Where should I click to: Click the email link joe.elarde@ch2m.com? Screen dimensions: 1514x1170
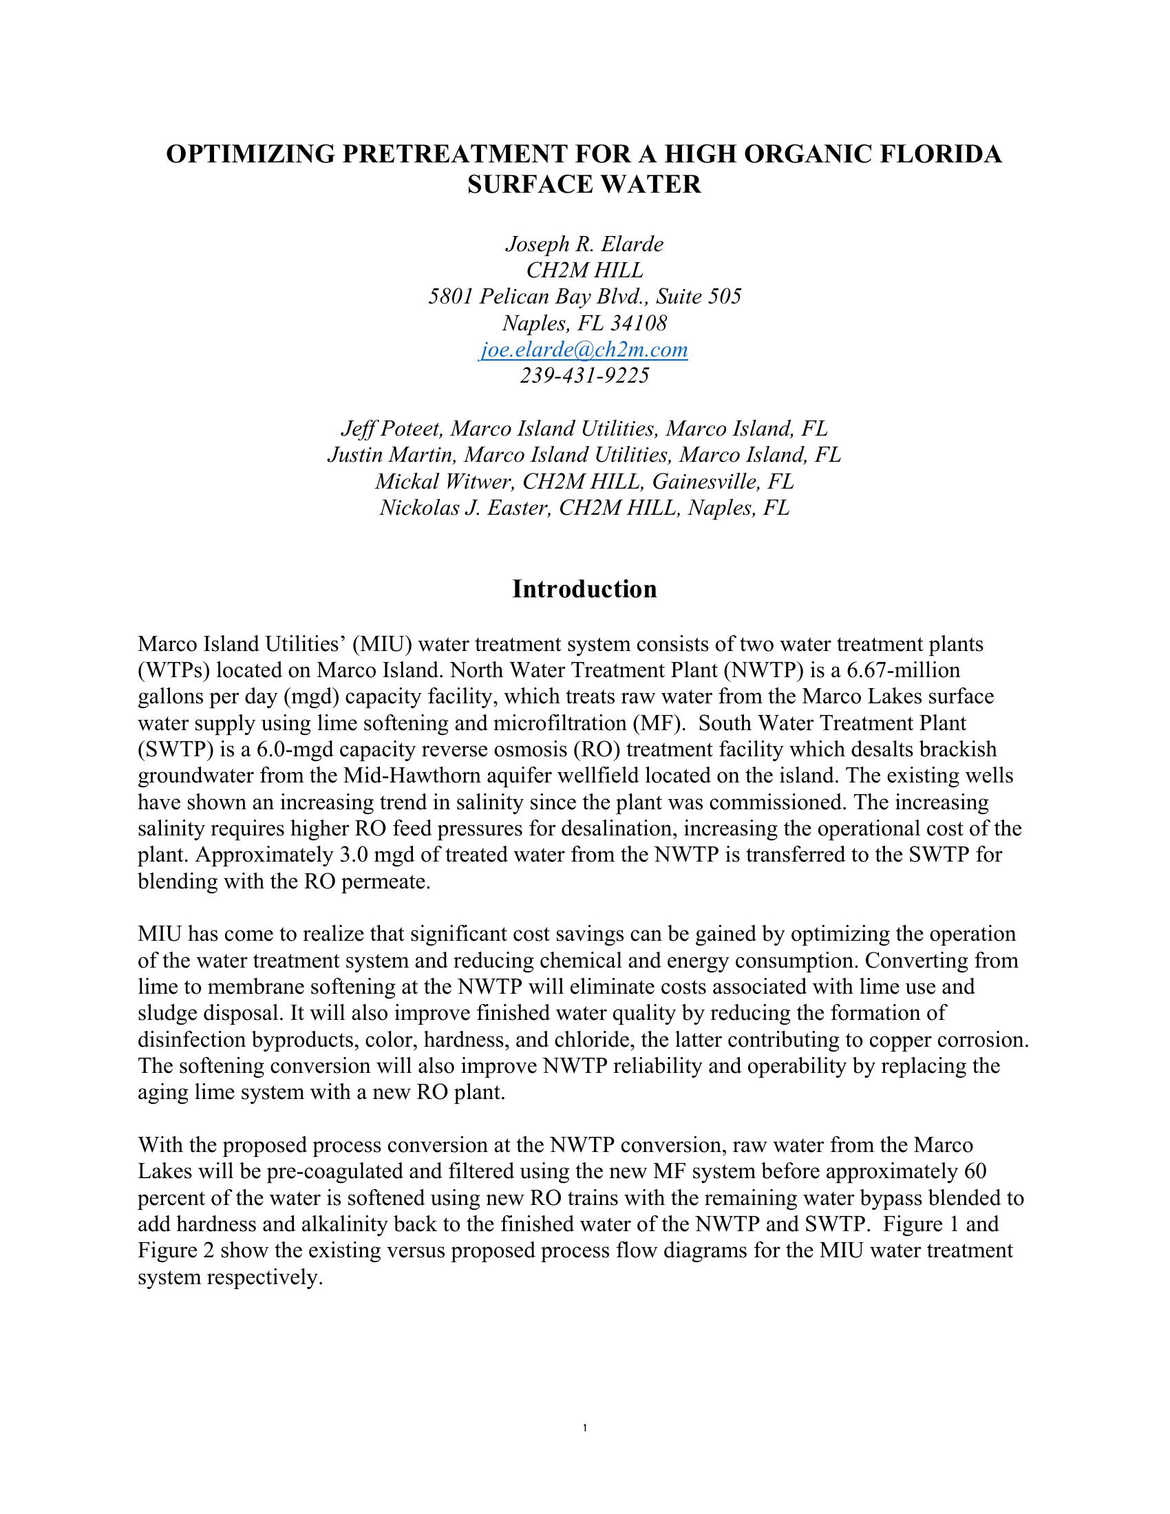point(584,350)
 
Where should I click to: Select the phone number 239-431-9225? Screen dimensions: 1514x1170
point(584,376)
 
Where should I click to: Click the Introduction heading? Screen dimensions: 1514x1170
point(584,589)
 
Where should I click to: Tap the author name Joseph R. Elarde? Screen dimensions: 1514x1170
point(584,244)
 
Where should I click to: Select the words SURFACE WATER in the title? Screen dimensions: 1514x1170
point(584,184)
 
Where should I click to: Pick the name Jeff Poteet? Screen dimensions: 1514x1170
point(392,429)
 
